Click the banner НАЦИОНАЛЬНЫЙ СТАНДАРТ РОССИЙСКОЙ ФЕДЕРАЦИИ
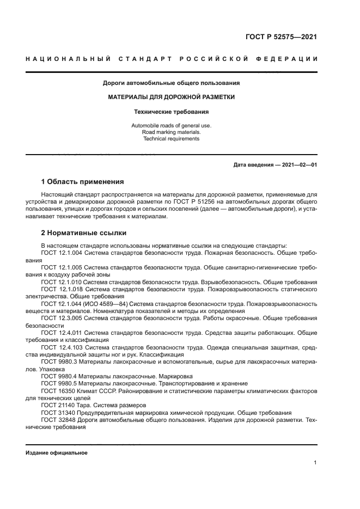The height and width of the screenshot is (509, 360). coord(172,59)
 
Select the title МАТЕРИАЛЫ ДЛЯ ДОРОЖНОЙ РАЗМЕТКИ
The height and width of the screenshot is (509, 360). coord(172,97)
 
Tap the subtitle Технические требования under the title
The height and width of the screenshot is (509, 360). coord(172,112)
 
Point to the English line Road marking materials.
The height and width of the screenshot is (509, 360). coord(172,132)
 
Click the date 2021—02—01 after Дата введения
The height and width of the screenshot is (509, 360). coord(300,164)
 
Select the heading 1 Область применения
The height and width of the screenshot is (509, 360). coord(83,181)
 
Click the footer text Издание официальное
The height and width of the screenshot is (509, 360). coord(57,453)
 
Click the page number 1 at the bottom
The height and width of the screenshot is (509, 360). coord(315,462)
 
